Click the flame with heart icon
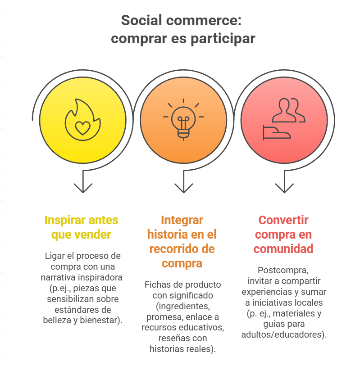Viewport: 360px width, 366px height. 83,120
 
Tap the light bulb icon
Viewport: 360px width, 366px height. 183,119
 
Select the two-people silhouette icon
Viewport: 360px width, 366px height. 289,110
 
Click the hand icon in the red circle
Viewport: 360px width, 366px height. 277,133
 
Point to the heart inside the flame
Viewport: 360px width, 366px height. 83,128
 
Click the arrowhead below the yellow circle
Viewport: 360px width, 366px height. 83,188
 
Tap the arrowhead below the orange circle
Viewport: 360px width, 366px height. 184,188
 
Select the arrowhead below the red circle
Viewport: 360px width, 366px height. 284,188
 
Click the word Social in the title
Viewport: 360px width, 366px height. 141,20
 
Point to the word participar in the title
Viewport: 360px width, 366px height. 223,39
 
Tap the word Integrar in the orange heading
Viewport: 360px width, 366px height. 182,220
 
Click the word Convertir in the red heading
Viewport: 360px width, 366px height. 283,220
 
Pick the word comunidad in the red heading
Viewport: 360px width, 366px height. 283,249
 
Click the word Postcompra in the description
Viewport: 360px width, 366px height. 283,270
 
